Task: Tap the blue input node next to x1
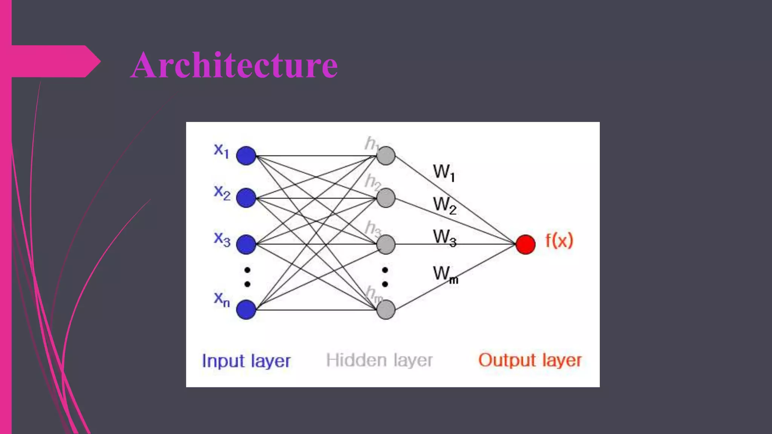246,156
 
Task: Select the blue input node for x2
246,198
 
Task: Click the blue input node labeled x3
246,244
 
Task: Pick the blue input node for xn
246,310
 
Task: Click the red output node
525,244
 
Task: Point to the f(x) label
559,240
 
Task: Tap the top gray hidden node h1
386,156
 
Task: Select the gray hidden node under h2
386,198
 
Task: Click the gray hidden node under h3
386,244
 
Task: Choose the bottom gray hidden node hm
386,310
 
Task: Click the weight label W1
444,173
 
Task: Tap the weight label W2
444,205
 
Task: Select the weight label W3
444,238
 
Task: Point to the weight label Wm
445,274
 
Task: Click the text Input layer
246,361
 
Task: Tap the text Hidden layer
379,361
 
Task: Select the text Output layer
530,361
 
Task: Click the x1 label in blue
221,151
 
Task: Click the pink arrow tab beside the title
53,61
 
